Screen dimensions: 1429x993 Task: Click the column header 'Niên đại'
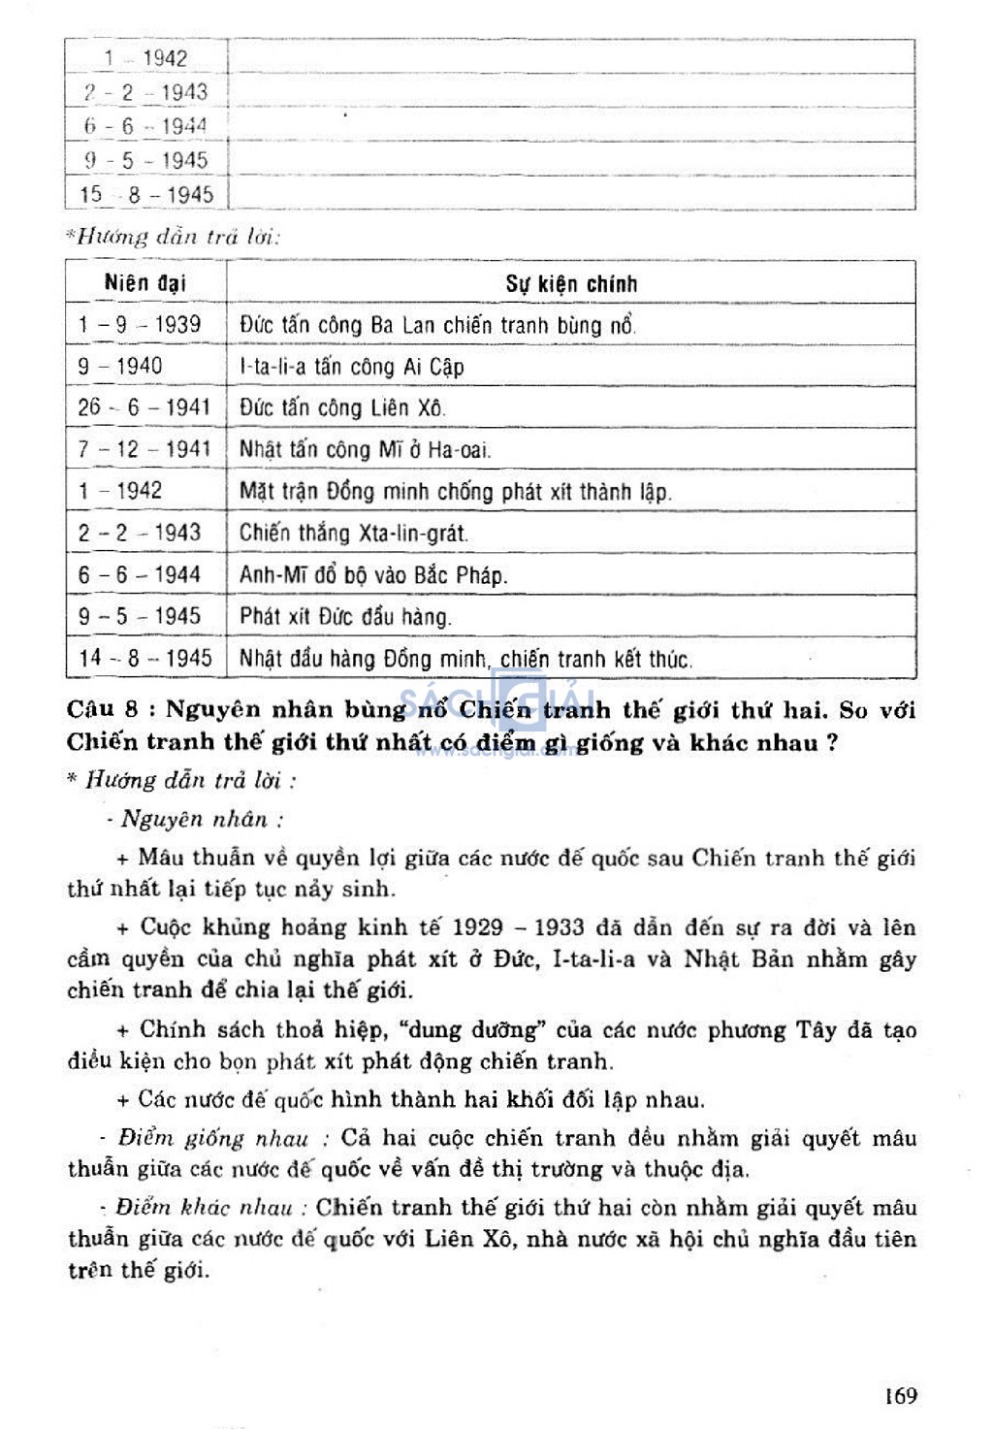click(144, 283)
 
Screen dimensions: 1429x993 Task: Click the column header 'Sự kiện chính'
click(571, 284)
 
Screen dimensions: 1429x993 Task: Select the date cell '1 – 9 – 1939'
click(140, 324)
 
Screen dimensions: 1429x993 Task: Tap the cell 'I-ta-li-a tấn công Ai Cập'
click(351, 367)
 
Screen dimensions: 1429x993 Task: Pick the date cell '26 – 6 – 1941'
click(144, 407)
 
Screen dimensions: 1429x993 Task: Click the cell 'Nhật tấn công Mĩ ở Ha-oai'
click(366, 449)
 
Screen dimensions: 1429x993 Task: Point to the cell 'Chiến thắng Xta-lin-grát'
click(353, 533)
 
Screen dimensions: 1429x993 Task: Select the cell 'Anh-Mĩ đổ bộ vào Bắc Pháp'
click(373, 575)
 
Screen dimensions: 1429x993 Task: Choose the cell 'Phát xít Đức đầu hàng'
click(345, 617)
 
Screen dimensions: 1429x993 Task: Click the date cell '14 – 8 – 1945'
click(144, 658)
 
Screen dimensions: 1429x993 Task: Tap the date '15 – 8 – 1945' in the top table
click(145, 194)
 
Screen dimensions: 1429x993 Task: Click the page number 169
click(900, 1395)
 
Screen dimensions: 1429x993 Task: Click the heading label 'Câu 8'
click(105, 708)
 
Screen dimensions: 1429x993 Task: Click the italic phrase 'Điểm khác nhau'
click(205, 1208)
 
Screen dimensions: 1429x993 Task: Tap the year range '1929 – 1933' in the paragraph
click(518, 927)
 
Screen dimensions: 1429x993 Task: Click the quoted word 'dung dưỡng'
click(473, 1030)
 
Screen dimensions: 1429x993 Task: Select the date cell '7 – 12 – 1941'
click(144, 449)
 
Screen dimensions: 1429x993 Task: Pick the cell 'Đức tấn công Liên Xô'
click(342, 408)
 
